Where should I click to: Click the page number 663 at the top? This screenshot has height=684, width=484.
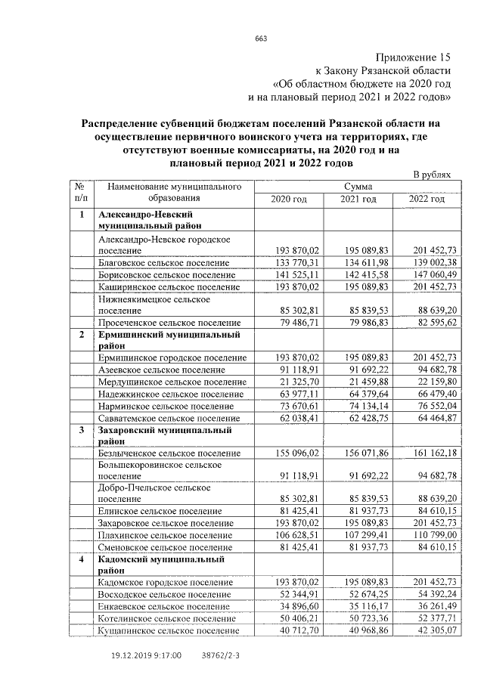(262, 39)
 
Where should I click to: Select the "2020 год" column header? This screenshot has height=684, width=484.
(289, 199)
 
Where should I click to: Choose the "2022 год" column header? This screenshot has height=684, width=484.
(427, 199)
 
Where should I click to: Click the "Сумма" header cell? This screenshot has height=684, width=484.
(358, 186)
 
